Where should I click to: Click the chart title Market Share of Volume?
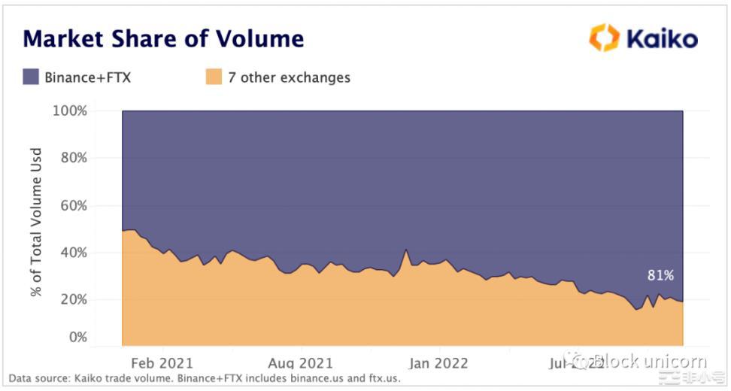(x=163, y=38)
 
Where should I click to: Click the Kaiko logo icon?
(x=604, y=38)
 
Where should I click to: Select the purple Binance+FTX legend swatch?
(x=31, y=77)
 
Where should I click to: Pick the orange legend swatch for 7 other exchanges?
(x=214, y=77)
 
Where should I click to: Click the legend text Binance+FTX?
(x=88, y=77)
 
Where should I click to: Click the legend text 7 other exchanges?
(x=289, y=77)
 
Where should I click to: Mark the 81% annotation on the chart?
(x=660, y=275)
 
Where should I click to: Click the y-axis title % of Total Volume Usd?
(x=36, y=222)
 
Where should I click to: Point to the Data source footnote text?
(x=205, y=378)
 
